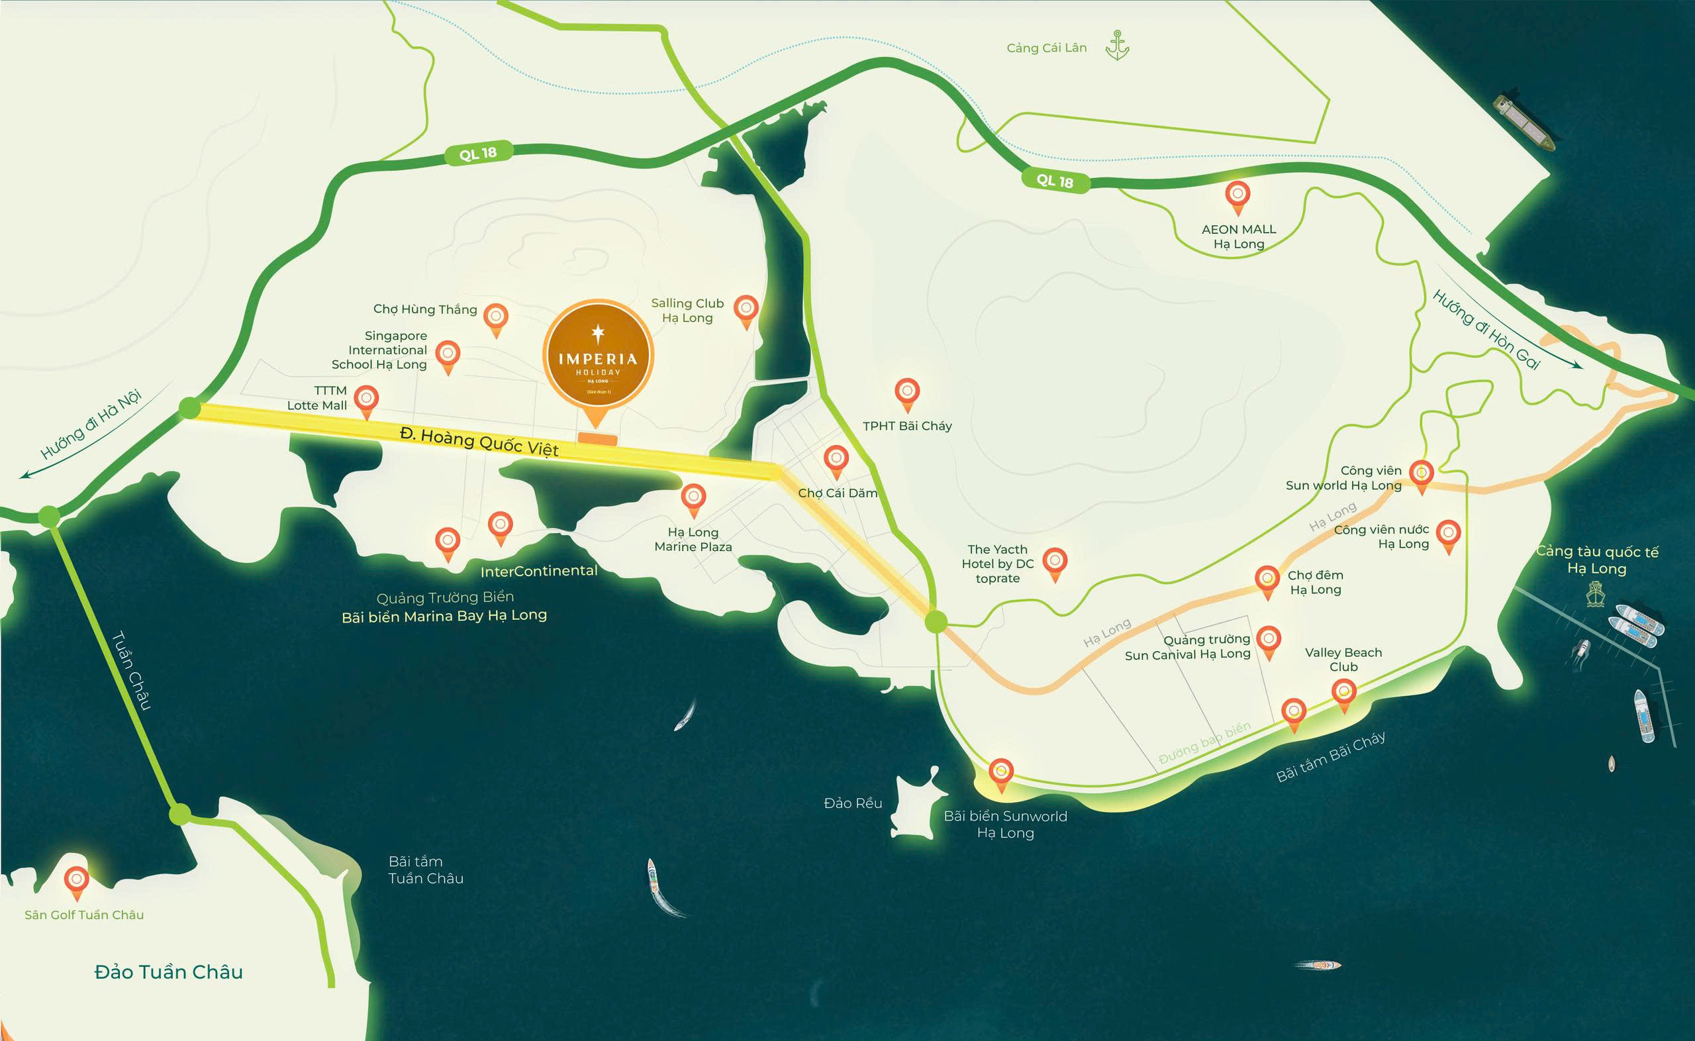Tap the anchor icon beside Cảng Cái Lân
[1116, 46]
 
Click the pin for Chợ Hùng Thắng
[495, 317]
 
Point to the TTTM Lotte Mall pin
[366, 399]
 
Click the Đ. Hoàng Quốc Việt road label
[479, 441]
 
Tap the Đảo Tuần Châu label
[169, 972]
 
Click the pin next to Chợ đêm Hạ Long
[1267, 579]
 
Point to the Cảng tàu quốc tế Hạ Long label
[1596, 560]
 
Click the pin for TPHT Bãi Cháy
[907, 393]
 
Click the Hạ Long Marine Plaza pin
[693, 498]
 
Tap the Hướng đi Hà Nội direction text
[90, 423]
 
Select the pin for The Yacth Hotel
[1054, 562]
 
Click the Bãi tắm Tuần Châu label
[425, 869]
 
